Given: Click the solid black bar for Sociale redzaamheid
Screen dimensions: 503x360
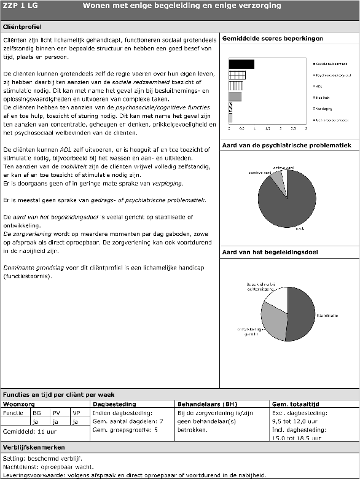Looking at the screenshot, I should [x=241, y=64].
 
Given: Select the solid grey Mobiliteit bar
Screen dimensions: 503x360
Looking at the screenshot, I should [x=235, y=96].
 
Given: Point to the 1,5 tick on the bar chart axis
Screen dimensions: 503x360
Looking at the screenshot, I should [x=267, y=129].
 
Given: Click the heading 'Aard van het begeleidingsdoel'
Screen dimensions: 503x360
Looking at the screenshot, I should [x=268, y=253].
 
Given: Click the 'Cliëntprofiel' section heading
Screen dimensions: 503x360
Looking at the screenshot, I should [x=23, y=28].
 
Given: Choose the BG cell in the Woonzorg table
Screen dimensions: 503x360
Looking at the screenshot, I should [x=37, y=413].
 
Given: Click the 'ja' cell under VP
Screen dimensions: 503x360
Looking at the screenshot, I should [x=76, y=422].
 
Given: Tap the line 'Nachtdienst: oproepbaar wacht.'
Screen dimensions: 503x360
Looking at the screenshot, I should [x=45, y=466].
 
